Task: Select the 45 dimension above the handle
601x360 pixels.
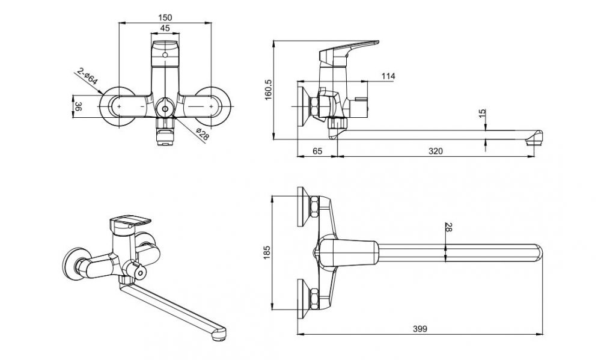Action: (164, 28)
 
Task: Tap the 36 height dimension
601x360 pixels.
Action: (78, 107)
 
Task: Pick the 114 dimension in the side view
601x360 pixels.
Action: (388, 76)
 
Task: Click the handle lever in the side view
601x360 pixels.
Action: (352, 47)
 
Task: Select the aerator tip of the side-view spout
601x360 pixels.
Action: (532, 142)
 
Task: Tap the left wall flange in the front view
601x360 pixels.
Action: (121, 107)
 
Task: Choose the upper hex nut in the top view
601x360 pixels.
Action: (313, 207)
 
